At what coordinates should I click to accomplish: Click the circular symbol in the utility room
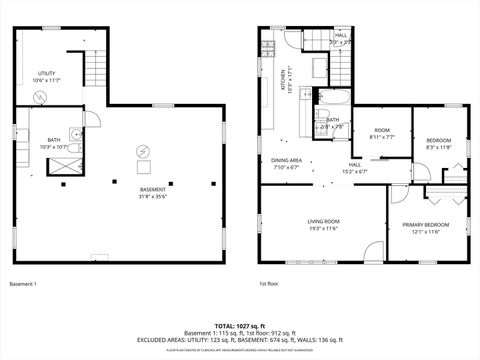tap(40, 97)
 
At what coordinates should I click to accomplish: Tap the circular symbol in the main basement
tap(144, 152)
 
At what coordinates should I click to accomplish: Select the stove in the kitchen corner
tap(269, 46)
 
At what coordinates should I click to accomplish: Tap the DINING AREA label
tap(288, 164)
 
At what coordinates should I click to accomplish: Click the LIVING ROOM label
tap(323, 225)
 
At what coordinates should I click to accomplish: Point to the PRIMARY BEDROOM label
tap(425, 228)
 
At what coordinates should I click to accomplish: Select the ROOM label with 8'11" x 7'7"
tap(382, 134)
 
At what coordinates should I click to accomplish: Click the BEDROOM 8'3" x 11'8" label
tap(439, 143)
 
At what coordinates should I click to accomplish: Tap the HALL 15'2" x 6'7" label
tap(355, 168)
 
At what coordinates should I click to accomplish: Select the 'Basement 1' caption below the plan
tap(23, 284)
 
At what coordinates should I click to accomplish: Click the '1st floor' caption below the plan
tap(269, 284)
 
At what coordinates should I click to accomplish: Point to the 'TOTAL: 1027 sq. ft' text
tap(240, 325)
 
